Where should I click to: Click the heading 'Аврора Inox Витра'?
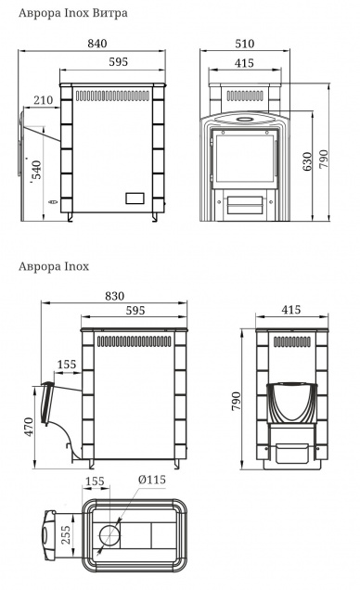click(73, 13)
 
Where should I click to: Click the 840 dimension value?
click(97, 44)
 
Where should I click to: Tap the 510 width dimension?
click(245, 44)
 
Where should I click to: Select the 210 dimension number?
click(44, 100)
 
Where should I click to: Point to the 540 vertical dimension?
click(36, 173)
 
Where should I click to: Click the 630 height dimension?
click(307, 161)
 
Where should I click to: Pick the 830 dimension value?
click(114, 296)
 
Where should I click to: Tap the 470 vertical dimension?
click(29, 427)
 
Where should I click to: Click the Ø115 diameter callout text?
click(151, 480)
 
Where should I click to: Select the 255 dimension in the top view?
click(66, 534)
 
